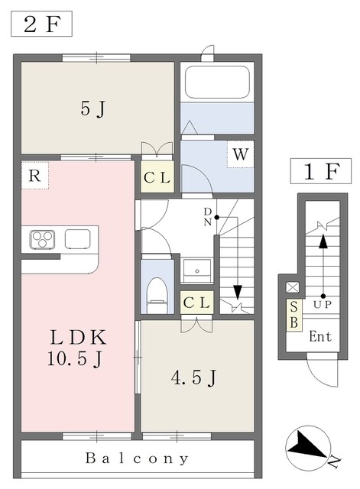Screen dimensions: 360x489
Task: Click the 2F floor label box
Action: click(41, 24)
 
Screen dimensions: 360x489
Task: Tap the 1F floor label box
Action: click(321, 171)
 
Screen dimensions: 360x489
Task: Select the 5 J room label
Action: click(93, 109)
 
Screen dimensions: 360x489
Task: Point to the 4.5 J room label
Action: click(193, 378)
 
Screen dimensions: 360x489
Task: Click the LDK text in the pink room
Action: click(78, 338)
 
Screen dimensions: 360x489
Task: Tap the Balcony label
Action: click(137, 458)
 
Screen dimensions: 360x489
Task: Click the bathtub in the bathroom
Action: click(217, 82)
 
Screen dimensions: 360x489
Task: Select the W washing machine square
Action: click(240, 154)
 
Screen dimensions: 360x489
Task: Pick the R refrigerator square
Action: click(35, 175)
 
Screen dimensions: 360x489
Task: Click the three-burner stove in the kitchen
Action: click(42, 239)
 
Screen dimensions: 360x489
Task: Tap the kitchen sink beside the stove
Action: click(78, 239)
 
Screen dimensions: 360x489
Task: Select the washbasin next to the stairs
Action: click(197, 270)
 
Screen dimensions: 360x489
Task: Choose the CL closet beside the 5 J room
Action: click(157, 176)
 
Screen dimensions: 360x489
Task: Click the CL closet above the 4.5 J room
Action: click(196, 303)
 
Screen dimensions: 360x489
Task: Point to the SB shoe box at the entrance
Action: click(294, 315)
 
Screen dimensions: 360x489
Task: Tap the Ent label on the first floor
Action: click(320, 336)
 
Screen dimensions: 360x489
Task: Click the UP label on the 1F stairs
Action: click(323, 304)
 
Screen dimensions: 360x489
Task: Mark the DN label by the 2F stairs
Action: click(208, 217)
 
